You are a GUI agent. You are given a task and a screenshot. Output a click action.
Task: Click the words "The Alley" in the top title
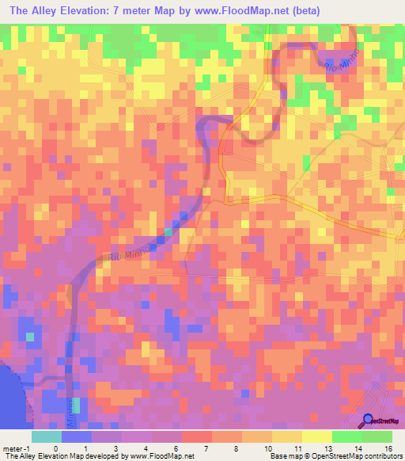(35, 10)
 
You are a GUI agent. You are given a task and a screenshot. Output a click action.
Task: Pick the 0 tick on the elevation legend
(55, 448)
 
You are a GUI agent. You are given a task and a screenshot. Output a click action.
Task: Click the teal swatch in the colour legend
(46, 436)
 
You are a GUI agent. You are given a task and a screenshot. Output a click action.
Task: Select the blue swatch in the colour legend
(76, 436)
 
